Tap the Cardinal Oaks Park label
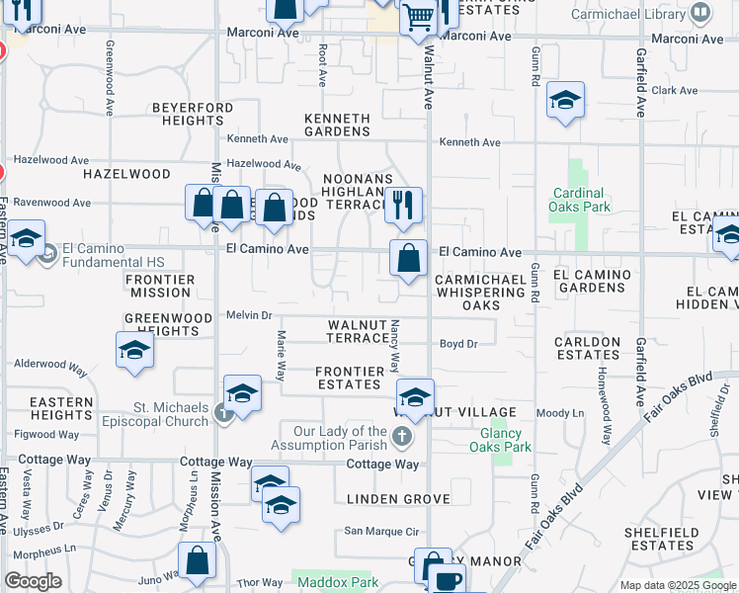pyautogui.click(x=579, y=200)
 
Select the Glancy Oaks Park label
pyautogui.click(x=506, y=440)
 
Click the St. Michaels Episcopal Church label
pyautogui.click(x=171, y=413)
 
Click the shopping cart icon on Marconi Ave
pyautogui.click(x=419, y=17)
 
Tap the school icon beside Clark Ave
pyautogui.click(x=565, y=101)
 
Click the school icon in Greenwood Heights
pyautogui.click(x=134, y=350)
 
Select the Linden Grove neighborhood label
pyautogui.click(x=398, y=499)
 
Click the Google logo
pyautogui.click(x=34, y=581)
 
